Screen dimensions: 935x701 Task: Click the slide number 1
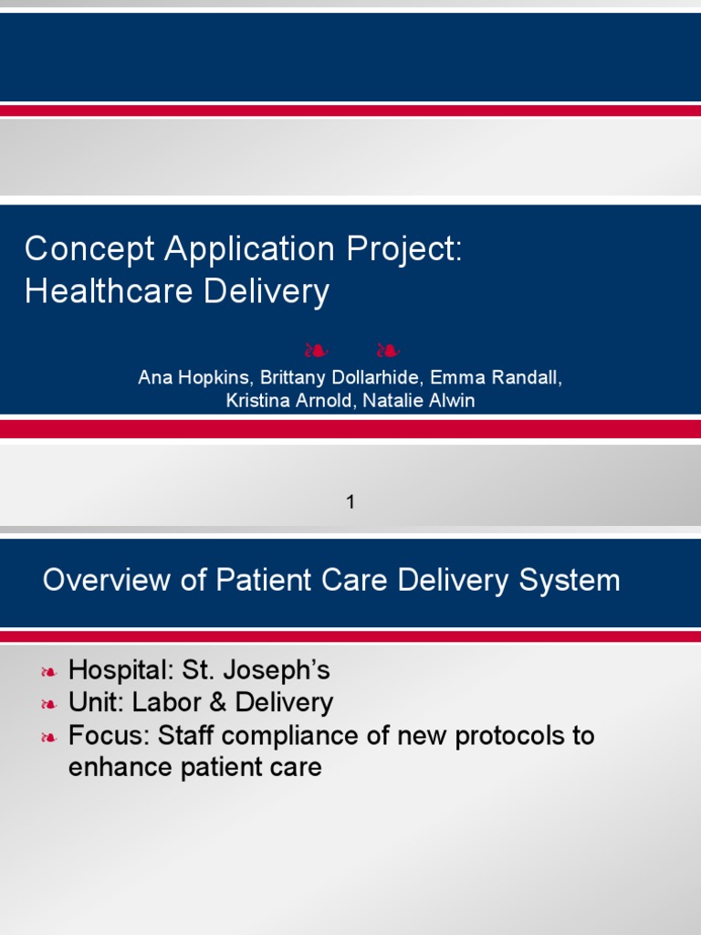(x=350, y=501)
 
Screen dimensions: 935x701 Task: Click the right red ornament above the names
(x=387, y=350)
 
